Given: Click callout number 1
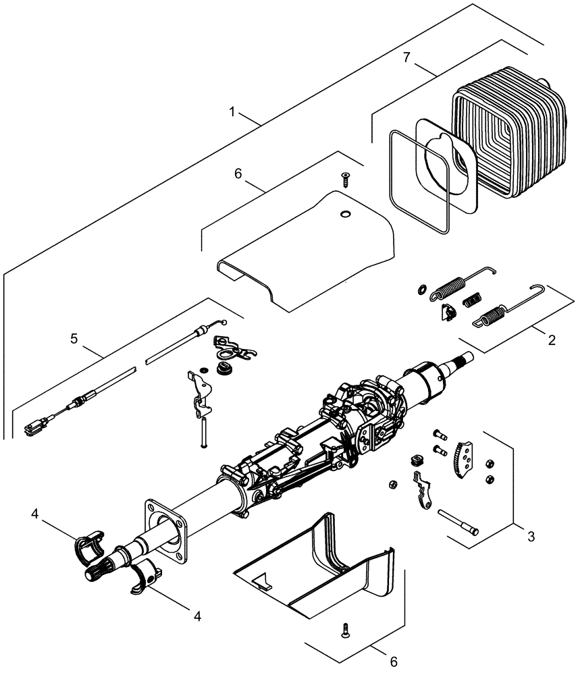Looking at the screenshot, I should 233,112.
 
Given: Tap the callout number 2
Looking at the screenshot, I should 552,340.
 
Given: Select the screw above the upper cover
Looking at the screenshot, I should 346,178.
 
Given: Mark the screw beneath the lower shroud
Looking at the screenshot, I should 346,631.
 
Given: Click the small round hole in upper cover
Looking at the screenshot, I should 345,215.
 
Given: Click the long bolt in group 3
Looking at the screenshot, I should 458,522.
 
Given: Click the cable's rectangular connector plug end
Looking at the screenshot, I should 34,426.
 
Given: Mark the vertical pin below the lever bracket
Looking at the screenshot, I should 202,431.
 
